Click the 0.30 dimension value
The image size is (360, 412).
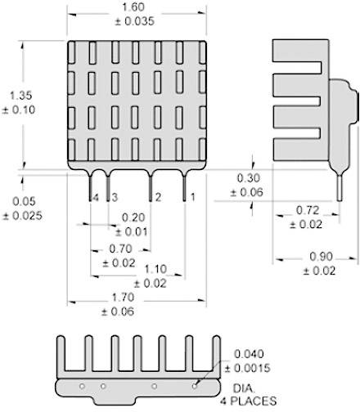coord(249,178)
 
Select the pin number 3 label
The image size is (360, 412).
coord(114,198)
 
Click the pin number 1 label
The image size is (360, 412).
coord(192,198)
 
